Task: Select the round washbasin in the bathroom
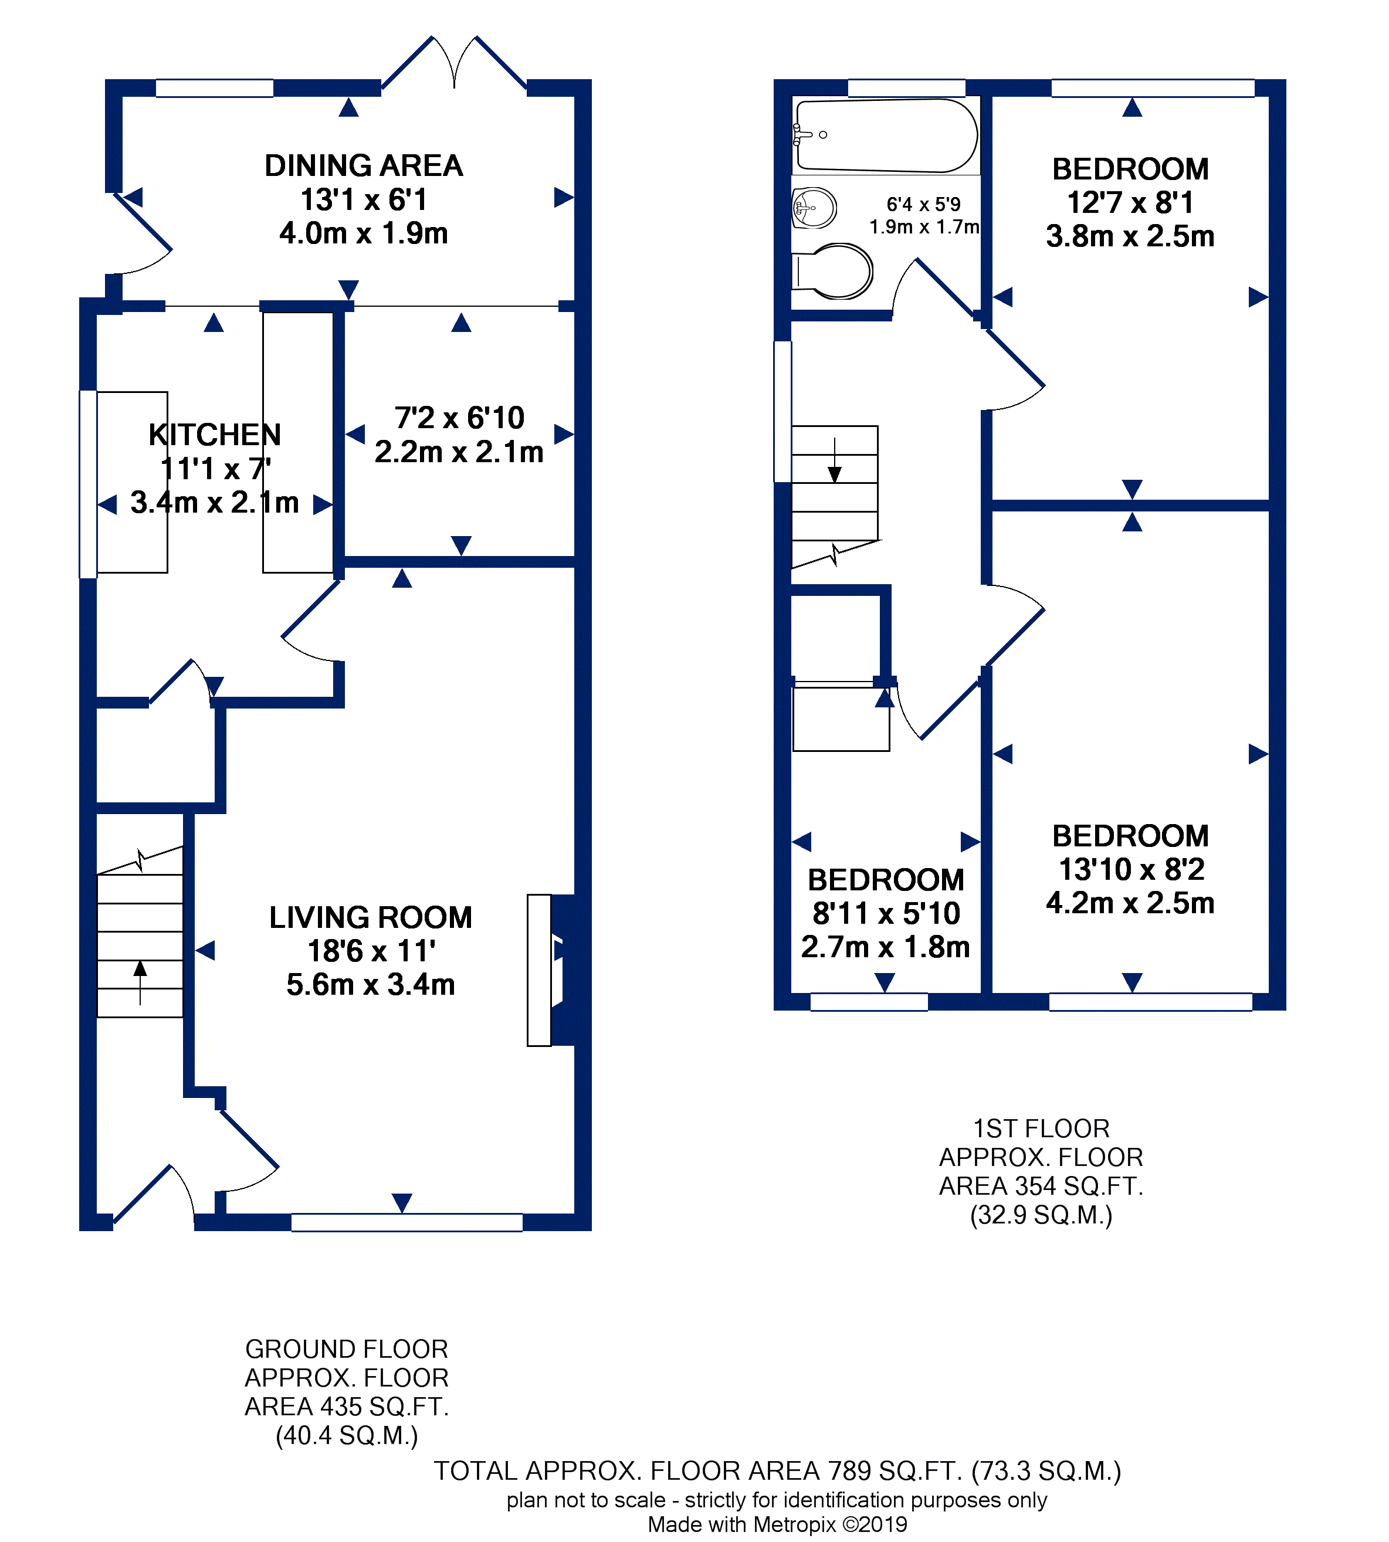[x=814, y=208]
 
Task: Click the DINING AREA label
[x=363, y=165]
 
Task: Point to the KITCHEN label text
[x=215, y=435]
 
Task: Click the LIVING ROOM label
[x=370, y=917]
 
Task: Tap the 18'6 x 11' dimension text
[x=371, y=951]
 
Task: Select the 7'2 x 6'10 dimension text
[x=459, y=418]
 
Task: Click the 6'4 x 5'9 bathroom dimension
[x=923, y=205]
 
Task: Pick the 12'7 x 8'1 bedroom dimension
[x=1130, y=203]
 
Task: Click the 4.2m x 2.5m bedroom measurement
[x=1130, y=903]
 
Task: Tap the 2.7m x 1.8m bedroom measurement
[x=885, y=947]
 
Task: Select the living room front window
[x=406, y=1222]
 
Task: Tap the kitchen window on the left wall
[x=88, y=484]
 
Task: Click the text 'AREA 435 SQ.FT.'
[x=347, y=1406]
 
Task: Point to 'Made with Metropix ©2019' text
[x=777, y=1524]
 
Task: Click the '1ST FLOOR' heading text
[x=1041, y=1128]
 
